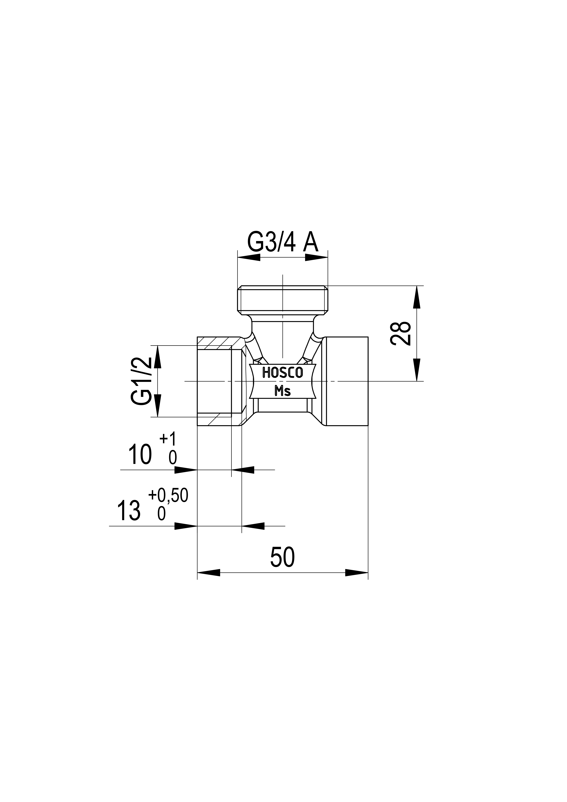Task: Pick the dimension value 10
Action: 140,454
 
